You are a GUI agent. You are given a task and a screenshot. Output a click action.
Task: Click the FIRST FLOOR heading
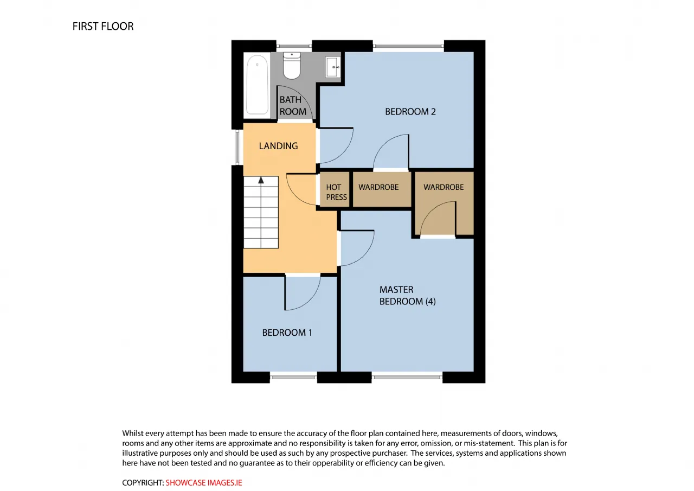pos(103,27)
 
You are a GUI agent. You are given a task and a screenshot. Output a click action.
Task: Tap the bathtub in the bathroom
pos(257,85)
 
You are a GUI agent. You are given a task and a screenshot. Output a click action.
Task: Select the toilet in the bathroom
pos(292,66)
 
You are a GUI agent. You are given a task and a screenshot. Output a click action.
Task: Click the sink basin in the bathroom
pos(333,67)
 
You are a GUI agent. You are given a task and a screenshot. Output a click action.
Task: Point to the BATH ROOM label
pos(293,106)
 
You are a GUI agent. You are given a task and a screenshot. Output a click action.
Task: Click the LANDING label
pos(278,146)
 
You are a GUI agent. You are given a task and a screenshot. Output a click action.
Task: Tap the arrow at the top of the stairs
pos(261,180)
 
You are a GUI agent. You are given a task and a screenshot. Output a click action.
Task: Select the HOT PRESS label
pos(336,192)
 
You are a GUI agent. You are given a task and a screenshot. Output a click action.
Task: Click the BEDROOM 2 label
pos(410,112)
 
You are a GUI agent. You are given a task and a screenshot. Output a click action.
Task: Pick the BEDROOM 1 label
pos(287,333)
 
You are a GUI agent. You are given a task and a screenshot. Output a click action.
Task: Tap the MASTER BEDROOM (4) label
pos(407,295)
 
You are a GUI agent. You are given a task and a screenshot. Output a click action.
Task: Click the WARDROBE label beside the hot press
pos(378,187)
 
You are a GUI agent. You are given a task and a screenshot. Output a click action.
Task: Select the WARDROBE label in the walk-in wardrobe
pos(444,187)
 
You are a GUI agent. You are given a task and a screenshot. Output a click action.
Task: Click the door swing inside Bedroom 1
pos(310,302)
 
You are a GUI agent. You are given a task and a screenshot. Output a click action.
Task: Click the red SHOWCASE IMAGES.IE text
pos(203,483)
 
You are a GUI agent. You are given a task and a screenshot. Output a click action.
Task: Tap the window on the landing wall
pos(237,147)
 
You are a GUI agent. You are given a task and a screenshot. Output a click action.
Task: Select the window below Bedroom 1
pos(293,377)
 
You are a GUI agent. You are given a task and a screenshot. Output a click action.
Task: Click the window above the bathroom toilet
pos(294,46)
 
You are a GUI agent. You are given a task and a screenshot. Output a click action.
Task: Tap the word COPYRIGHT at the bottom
pos(143,483)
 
